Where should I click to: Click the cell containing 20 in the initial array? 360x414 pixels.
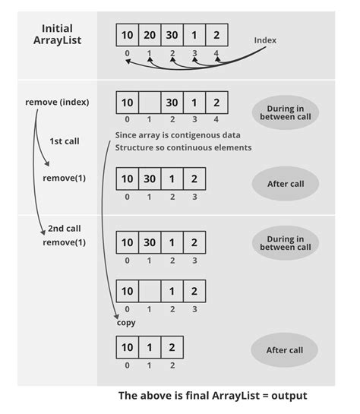click(x=150, y=35)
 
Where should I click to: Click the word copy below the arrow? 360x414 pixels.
click(x=125, y=322)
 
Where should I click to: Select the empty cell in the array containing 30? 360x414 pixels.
click(x=150, y=102)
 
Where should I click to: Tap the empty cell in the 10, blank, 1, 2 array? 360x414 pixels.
click(x=150, y=291)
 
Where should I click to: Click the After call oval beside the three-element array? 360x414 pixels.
click(x=286, y=349)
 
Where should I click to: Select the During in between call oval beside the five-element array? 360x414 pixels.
click(x=286, y=112)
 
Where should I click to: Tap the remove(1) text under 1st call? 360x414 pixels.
click(x=64, y=179)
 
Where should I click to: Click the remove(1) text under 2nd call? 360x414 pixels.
click(x=64, y=243)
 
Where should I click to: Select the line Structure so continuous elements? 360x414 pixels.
click(x=183, y=147)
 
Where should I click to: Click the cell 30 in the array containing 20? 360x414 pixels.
click(x=172, y=35)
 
